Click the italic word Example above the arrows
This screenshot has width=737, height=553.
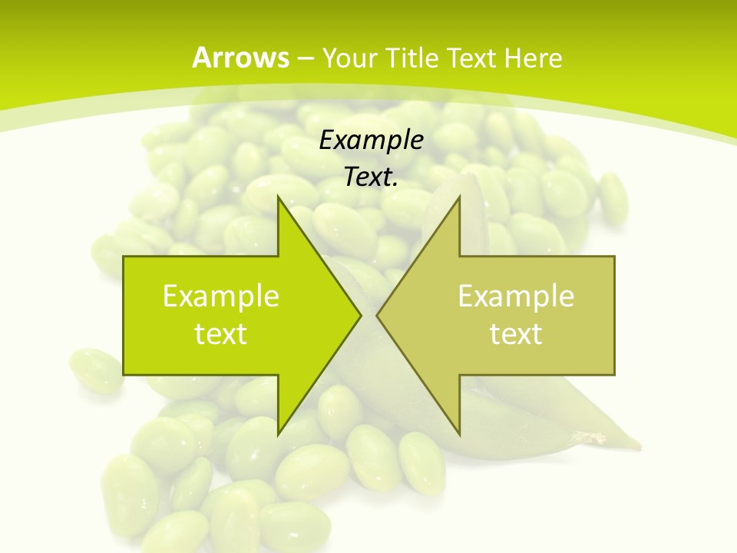point(371,141)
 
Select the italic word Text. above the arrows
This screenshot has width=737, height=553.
point(371,177)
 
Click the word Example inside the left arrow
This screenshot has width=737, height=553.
point(221,296)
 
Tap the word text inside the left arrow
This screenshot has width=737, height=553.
point(221,334)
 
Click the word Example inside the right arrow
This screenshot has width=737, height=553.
point(516,296)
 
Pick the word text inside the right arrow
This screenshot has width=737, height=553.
point(516,334)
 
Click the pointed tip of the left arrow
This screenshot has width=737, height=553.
point(362,315)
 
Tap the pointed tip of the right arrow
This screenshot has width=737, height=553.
point(376,315)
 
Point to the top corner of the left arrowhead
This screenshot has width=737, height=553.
point(278,197)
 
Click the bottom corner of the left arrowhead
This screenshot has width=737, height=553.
point(278,435)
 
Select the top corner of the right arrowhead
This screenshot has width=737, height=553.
point(459,197)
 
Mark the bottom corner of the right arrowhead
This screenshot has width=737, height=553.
point(459,435)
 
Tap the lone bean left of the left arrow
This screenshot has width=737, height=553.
point(94,371)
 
